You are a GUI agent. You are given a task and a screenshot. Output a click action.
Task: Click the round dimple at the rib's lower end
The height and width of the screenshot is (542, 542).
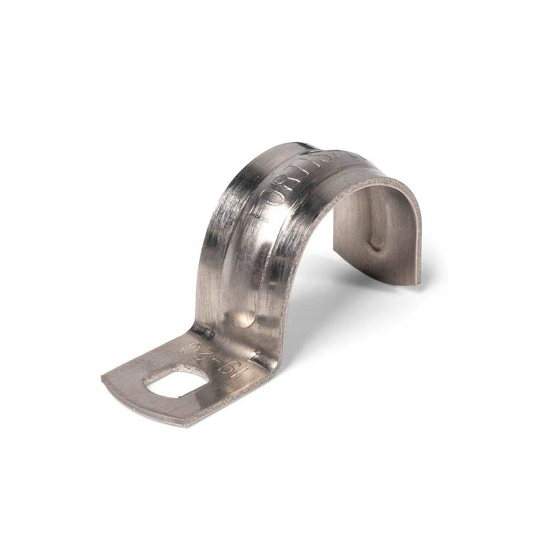click(x=243, y=318)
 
